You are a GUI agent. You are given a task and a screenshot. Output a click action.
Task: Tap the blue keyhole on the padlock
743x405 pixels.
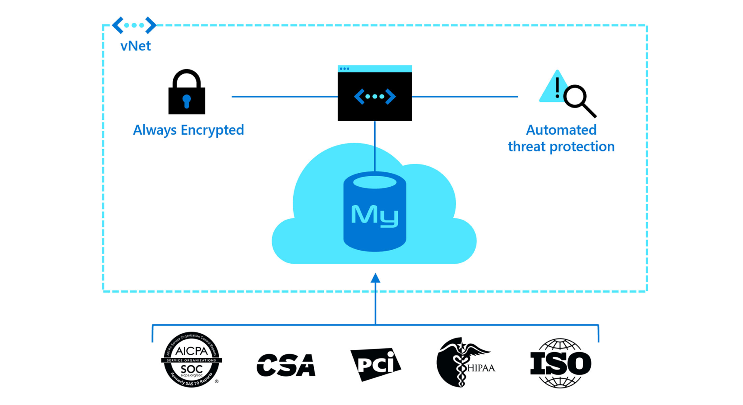pos(187,101)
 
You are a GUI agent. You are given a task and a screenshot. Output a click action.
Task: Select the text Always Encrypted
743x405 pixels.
pos(188,130)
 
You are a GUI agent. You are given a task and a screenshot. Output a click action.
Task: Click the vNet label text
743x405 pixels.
pos(136,46)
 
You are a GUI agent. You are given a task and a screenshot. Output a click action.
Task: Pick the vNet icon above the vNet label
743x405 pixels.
pos(134,25)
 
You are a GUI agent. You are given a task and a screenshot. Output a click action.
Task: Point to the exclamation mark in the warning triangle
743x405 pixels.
pos(557,87)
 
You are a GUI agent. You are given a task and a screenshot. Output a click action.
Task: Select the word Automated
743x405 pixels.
pos(561,130)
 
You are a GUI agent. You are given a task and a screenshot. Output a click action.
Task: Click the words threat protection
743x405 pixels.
pos(561,147)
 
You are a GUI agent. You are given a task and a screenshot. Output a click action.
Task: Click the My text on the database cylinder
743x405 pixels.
pos(375,215)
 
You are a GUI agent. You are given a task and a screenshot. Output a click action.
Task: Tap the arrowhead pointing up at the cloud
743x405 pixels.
pos(375,278)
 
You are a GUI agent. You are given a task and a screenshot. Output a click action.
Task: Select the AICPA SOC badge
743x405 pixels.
pos(192,360)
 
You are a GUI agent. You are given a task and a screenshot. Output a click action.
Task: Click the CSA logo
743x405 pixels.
pos(286,365)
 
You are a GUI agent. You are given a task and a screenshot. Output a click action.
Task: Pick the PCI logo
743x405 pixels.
pos(376,364)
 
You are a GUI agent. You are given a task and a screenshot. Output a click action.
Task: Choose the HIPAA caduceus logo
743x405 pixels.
pos(465,362)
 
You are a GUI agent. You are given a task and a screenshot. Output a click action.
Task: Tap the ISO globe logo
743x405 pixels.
pos(561,363)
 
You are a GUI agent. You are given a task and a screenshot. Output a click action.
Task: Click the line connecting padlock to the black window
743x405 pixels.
pos(284,96)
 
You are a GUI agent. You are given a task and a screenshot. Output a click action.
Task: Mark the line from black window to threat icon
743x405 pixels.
pos(465,96)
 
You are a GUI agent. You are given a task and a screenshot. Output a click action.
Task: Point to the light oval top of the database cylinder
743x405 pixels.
pos(375,182)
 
